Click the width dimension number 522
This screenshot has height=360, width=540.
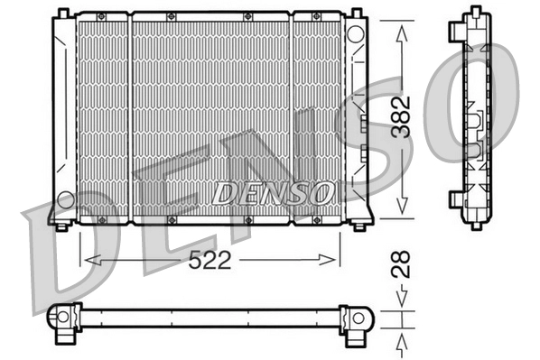(210, 260)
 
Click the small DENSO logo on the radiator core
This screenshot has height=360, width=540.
(272, 191)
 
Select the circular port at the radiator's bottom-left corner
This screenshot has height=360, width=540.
(64, 198)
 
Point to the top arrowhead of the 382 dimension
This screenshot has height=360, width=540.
(401, 26)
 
